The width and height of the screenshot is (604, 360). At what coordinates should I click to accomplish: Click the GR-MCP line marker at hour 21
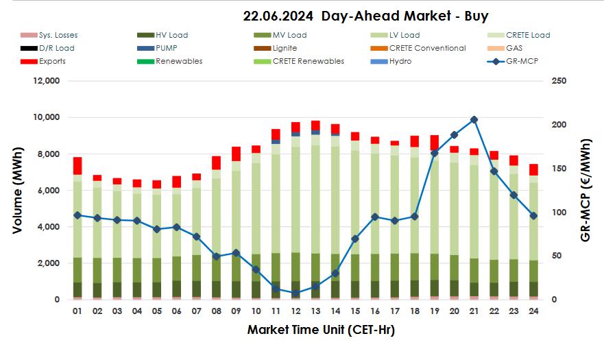(x=474, y=119)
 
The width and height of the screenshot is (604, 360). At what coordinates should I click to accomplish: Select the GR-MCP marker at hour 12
(x=295, y=293)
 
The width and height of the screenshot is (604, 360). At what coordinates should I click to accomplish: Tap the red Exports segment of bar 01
(x=77, y=165)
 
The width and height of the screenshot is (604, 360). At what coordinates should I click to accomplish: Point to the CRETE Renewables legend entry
(x=308, y=61)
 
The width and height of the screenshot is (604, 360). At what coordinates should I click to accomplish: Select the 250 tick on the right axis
(x=559, y=81)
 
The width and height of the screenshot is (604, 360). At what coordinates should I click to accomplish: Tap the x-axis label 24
(x=533, y=311)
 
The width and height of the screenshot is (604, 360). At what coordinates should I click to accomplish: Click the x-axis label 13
(x=315, y=311)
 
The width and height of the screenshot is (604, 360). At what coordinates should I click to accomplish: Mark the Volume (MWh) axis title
(x=18, y=190)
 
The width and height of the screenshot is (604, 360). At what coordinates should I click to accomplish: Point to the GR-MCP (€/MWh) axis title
(x=587, y=190)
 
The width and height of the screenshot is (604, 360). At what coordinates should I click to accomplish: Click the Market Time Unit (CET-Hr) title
(x=321, y=330)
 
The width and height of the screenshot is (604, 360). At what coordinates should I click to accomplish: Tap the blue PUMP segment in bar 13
(x=315, y=132)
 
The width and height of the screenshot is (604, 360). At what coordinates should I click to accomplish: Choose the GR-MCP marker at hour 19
(x=434, y=153)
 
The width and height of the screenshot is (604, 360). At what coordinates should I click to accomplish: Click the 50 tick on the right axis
(x=557, y=256)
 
